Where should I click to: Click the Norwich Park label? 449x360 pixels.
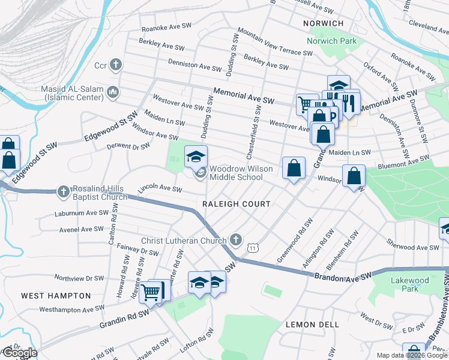[x=331, y=41]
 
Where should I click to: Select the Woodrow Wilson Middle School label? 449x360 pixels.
[x=236, y=173]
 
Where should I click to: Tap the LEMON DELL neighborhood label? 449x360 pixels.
[x=312, y=325]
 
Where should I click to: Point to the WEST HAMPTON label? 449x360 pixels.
[x=56, y=296]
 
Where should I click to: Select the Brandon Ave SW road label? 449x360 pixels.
[x=342, y=274]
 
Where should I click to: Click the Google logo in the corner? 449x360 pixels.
[x=19, y=353]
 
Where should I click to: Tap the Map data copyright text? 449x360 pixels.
[x=412, y=355]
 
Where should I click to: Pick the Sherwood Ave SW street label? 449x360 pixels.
[x=412, y=247]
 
